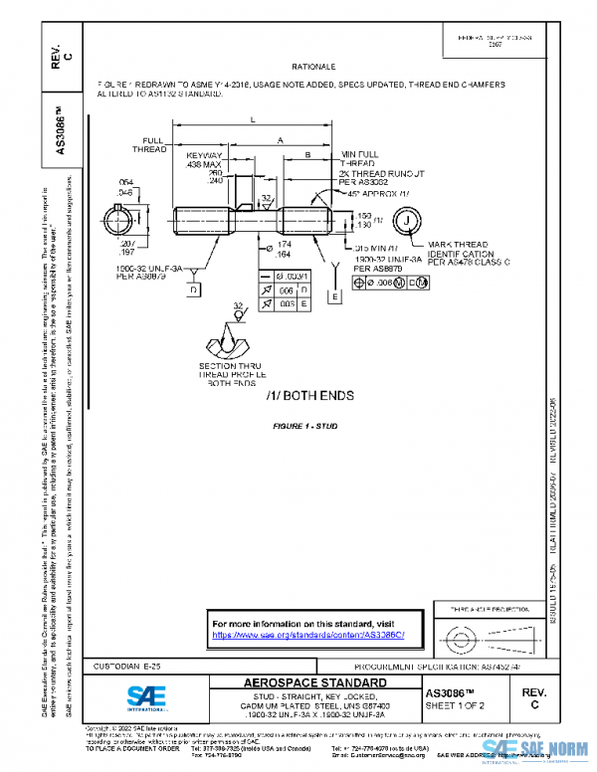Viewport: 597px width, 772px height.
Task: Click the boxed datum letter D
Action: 193,289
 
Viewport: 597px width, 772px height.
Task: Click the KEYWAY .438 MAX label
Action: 205,160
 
